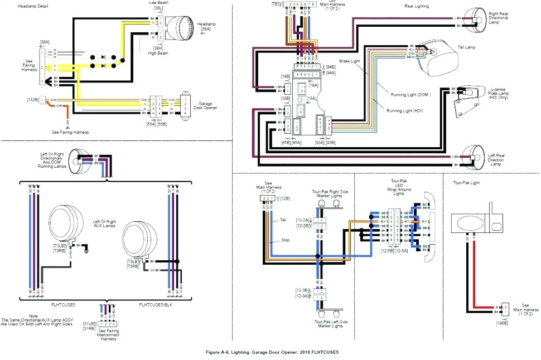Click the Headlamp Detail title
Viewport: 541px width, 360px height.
click(x=32, y=6)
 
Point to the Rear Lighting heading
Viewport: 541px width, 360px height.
click(x=416, y=6)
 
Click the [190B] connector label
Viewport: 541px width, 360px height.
click(x=502, y=323)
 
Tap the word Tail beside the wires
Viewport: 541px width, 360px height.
click(x=284, y=220)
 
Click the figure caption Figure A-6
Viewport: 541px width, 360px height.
click(x=272, y=352)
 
